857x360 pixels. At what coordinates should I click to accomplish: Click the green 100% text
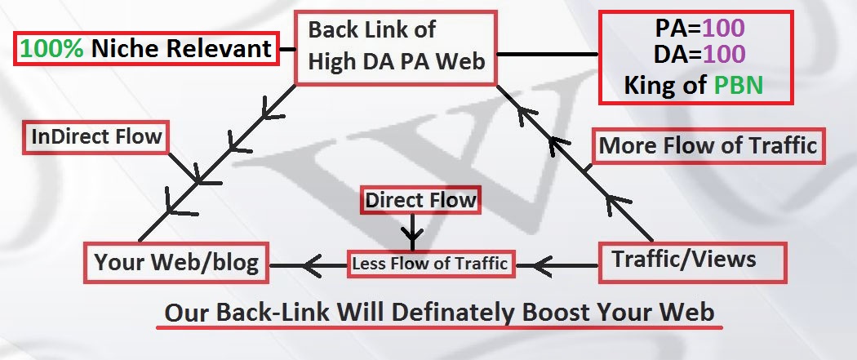click(x=52, y=50)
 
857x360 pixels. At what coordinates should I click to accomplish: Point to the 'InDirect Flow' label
click(x=95, y=136)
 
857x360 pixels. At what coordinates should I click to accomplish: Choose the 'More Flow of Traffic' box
click(x=707, y=146)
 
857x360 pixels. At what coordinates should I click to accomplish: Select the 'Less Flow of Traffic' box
click(x=430, y=264)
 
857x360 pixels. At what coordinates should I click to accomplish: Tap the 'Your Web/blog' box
click(x=177, y=263)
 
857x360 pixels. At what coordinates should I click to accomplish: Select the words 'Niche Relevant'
click(x=181, y=50)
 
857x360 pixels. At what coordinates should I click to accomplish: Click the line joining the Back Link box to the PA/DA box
click(x=547, y=55)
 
